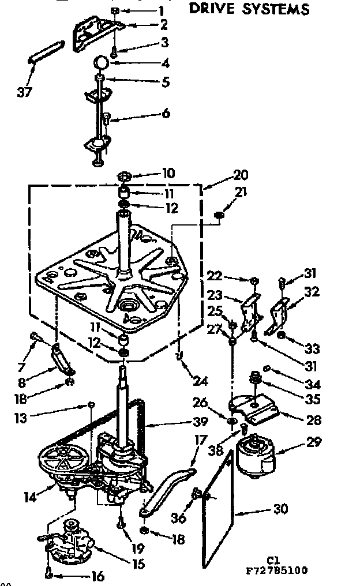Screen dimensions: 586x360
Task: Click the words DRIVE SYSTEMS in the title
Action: [x=249, y=9]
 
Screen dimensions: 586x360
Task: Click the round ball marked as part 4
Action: [x=102, y=62]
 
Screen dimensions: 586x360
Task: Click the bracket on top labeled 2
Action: [x=95, y=33]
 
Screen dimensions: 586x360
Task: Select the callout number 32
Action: [x=312, y=292]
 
